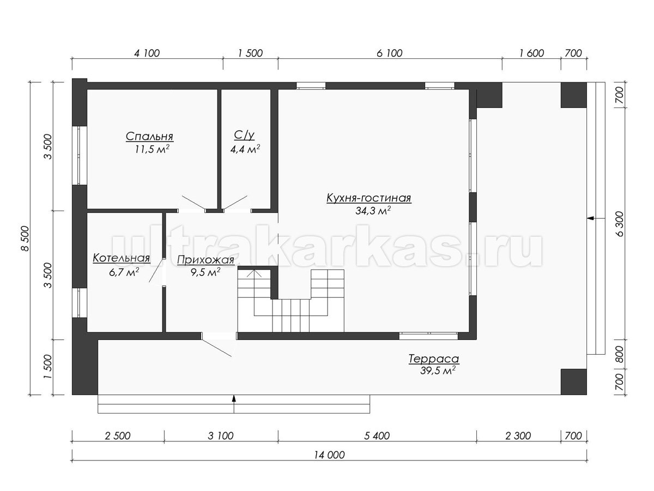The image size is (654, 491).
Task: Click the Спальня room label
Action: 149,136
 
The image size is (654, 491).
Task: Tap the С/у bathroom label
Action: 244,135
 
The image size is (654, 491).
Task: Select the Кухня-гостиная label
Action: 369,198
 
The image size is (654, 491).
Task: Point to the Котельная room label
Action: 122,258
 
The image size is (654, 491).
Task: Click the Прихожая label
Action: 205,260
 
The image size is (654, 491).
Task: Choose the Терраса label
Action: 433,358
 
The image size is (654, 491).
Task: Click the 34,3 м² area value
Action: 373,211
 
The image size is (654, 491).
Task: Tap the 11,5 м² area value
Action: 152,149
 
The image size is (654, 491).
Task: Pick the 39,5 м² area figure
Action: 438,370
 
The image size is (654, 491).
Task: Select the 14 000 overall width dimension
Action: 329,455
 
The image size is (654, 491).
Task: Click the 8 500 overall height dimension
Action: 25,238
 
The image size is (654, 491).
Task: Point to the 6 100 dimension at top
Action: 390,53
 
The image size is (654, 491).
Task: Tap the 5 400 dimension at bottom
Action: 377,436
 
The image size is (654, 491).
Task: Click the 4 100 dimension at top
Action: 147,53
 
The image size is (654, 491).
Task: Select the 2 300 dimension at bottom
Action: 518,436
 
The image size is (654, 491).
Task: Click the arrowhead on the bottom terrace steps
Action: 234,399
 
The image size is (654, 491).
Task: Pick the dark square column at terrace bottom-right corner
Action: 573,382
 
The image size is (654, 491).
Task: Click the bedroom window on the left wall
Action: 79,155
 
